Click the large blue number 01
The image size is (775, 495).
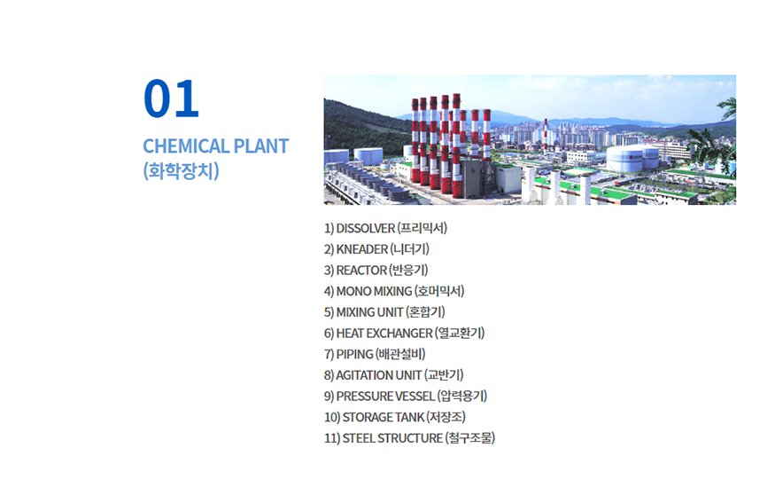(171, 98)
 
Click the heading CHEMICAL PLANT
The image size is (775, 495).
(215, 146)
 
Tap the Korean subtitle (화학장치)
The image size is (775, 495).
(181, 171)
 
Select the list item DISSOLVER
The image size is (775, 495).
(385, 228)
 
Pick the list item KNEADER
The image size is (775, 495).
(376, 249)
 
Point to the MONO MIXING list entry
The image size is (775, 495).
(394, 291)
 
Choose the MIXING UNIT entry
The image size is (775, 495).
(384, 312)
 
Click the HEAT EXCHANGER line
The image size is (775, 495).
(404, 334)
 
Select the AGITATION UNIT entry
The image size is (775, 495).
(394, 375)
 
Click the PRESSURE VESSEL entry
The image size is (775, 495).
(406, 396)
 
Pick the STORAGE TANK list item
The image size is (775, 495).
(395, 417)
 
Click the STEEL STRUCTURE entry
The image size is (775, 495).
(410, 438)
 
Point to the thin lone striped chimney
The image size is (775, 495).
(546, 134)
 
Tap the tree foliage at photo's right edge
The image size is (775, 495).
(715, 141)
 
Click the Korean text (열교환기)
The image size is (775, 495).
(460, 334)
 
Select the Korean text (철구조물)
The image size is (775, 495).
(470, 438)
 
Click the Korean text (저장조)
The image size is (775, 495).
(446, 417)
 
